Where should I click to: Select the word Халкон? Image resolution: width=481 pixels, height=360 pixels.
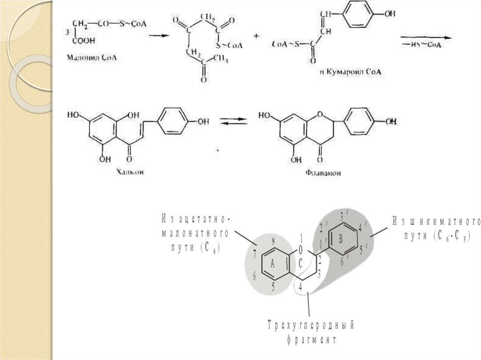(x=130, y=172)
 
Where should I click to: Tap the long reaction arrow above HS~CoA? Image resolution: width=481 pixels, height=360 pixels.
(x=426, y=36)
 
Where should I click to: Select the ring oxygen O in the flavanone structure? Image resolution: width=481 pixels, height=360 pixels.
(x=320, y=114)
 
